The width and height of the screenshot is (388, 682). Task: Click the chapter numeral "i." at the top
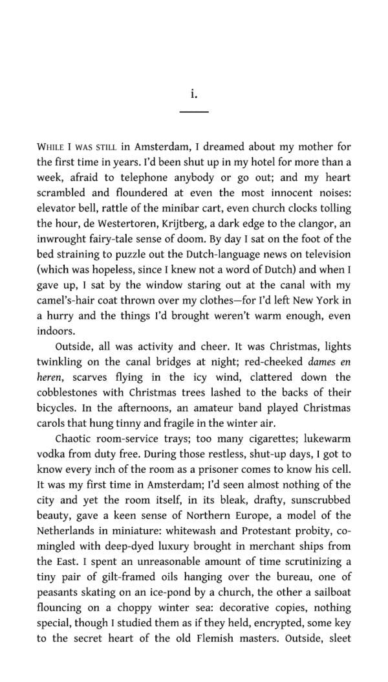[193, 94]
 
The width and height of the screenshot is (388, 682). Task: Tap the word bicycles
[58, 408]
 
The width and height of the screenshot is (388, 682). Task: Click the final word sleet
[338, 638]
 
